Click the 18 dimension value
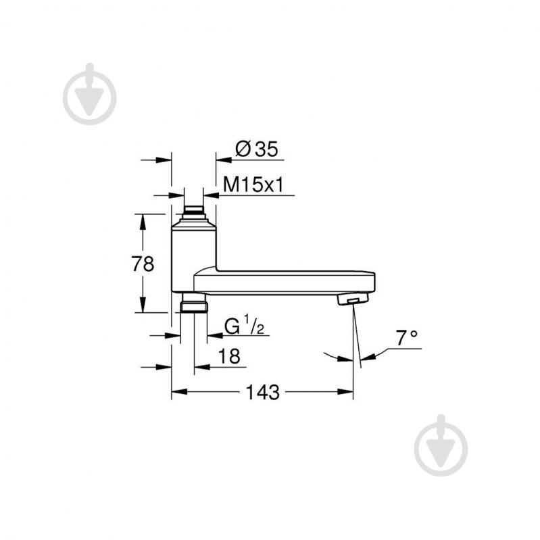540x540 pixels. [230, 357]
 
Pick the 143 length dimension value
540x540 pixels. [264, 393]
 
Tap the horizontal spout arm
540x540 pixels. [284, 281]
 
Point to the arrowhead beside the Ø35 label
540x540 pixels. [224, 160]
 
